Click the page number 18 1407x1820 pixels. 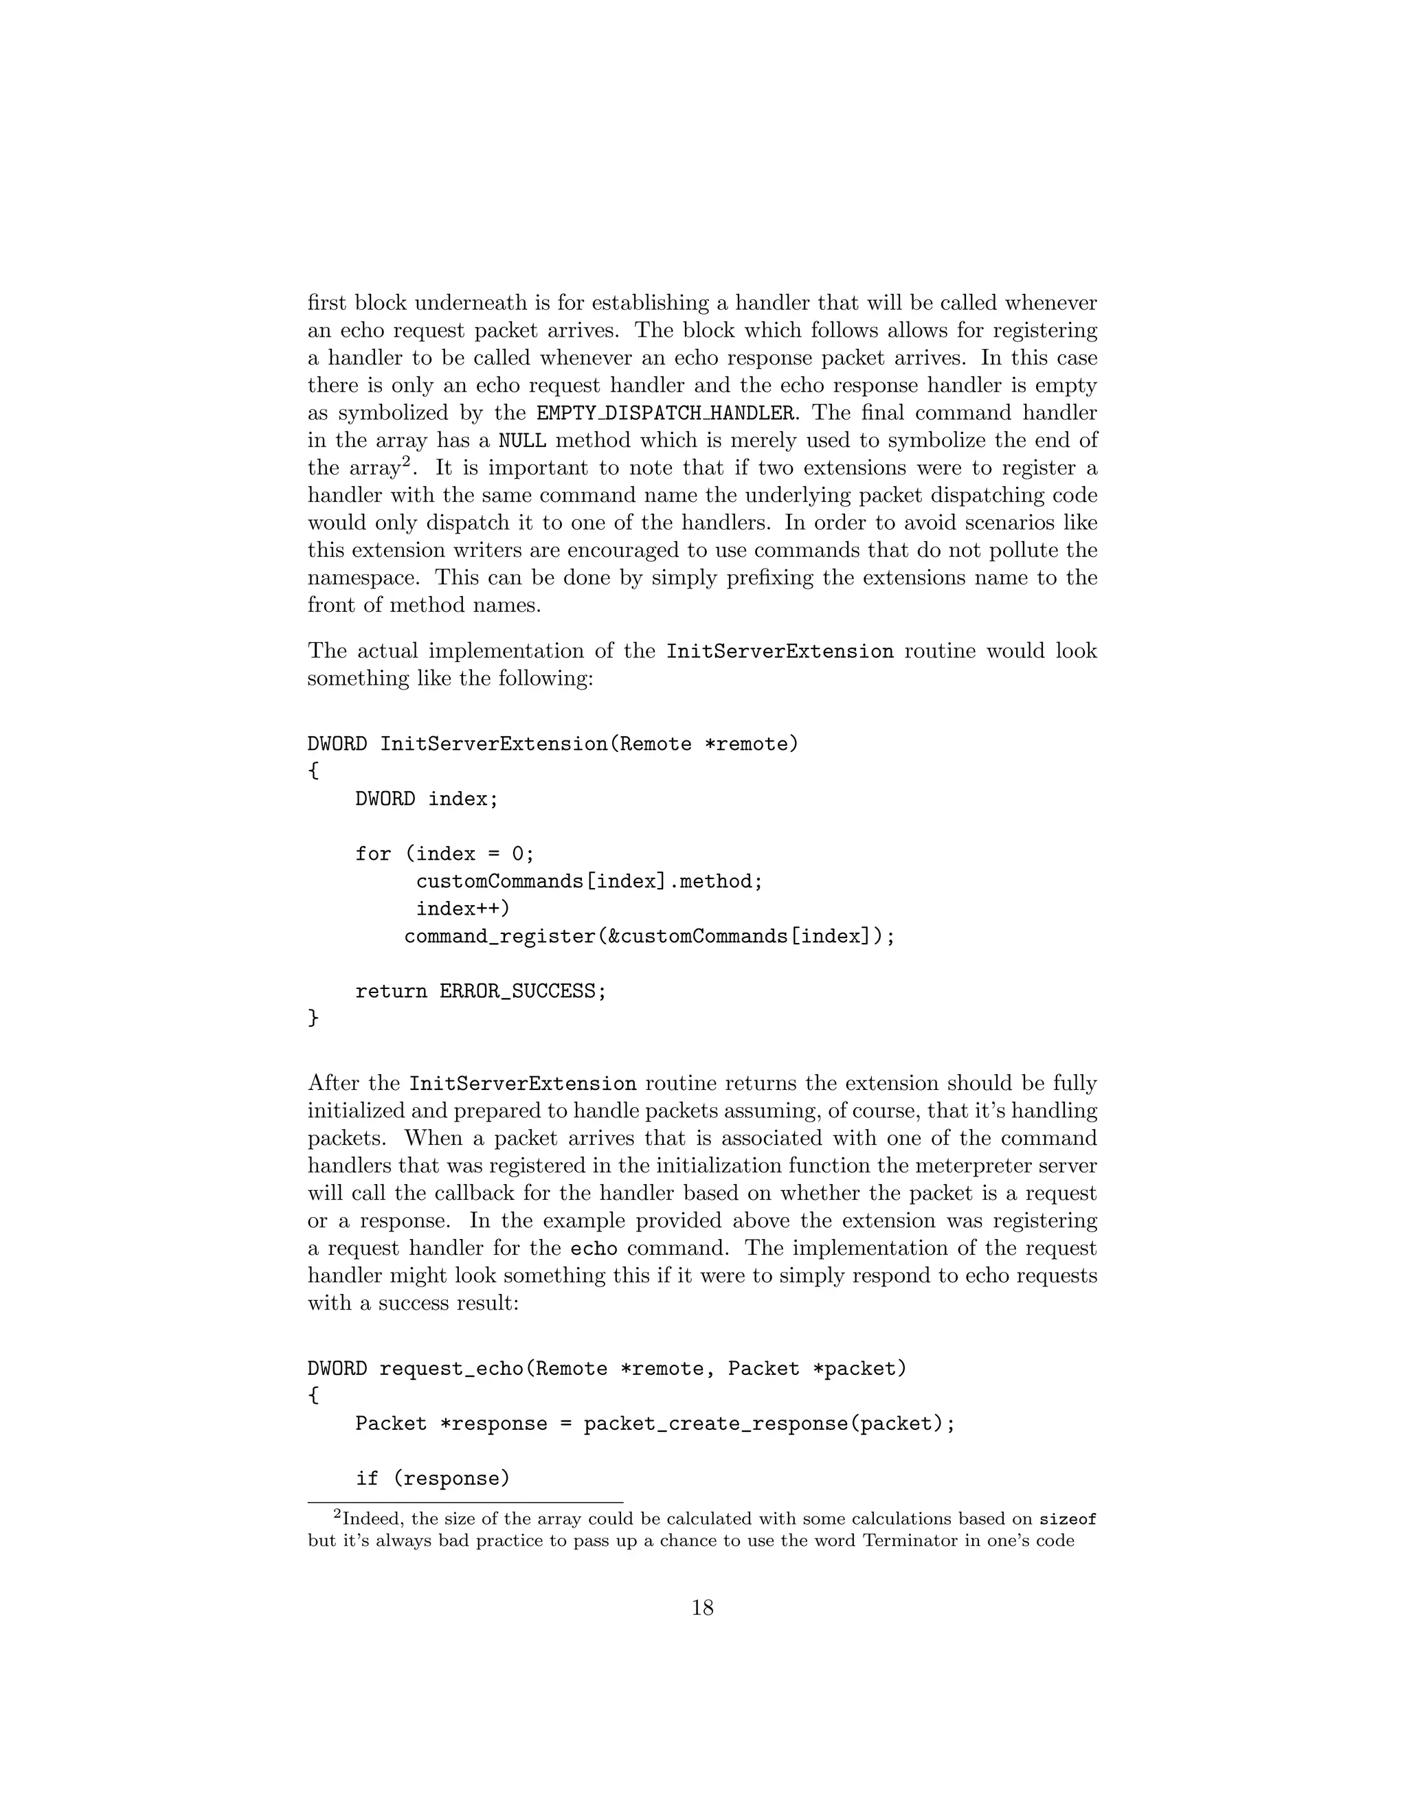[703, 1608]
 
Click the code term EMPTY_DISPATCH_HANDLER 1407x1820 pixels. [664, 413]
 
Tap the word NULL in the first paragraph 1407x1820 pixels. [522, 440]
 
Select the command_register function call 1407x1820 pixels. [649, 936]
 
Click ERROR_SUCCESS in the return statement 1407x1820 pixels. [517, 991]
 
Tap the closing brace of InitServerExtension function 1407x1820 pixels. [313, 1018]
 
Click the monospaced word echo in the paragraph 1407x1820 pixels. [594, 1249]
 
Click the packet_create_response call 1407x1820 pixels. [715, 1423]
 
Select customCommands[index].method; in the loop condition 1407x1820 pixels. [589, 881]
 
